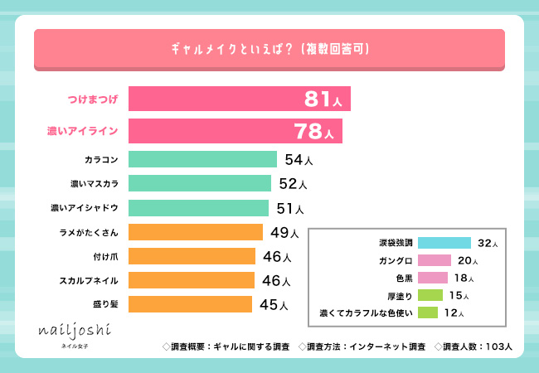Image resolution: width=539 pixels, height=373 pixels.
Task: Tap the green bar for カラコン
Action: click(202, 159)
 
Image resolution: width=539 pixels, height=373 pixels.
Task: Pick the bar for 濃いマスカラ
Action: click(200, 183)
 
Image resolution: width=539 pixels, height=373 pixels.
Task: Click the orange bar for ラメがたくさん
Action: click(196, 232)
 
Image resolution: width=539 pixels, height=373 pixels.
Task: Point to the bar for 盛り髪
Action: click(190, 304)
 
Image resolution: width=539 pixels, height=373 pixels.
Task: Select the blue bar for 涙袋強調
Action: click(444, 243)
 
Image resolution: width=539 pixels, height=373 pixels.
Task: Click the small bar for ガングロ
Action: click(434, 260)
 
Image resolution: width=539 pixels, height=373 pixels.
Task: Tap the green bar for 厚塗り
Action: click(430, 295)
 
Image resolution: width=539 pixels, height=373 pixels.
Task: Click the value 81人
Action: click(324, 99)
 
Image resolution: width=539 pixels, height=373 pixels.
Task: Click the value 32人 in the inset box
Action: click(488, 243)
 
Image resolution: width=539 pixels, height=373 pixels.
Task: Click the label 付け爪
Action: click(107, 256)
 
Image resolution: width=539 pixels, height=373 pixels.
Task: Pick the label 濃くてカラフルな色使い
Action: click(367, 312)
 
